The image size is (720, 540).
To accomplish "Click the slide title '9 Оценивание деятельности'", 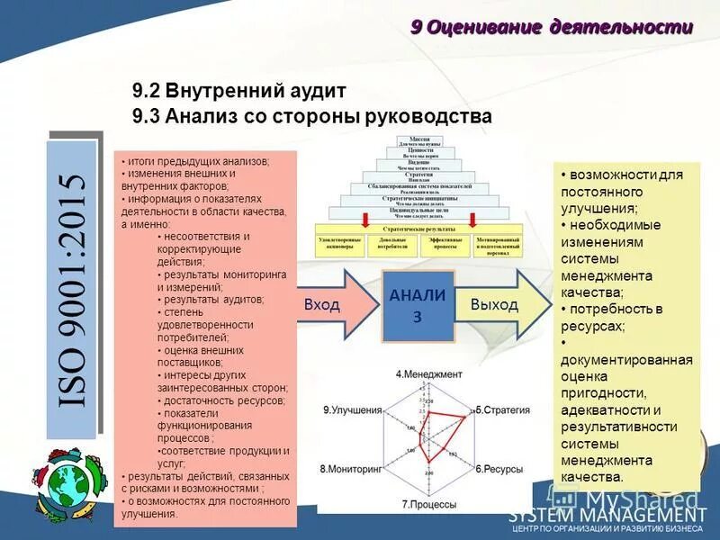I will tap(552, 27).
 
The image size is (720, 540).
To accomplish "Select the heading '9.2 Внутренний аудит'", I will tap(238, 92).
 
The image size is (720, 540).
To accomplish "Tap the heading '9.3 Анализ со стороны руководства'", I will tap(311, 116).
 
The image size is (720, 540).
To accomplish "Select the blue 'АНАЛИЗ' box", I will tap(418, 304).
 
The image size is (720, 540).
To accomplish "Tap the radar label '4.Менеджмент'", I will tap(428, 373).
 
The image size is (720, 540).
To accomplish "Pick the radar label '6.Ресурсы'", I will tap(499, 469).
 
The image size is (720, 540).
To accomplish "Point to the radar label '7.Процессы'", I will tap(429, 505).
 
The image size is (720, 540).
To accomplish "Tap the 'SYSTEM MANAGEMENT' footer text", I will tap(608, 516).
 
